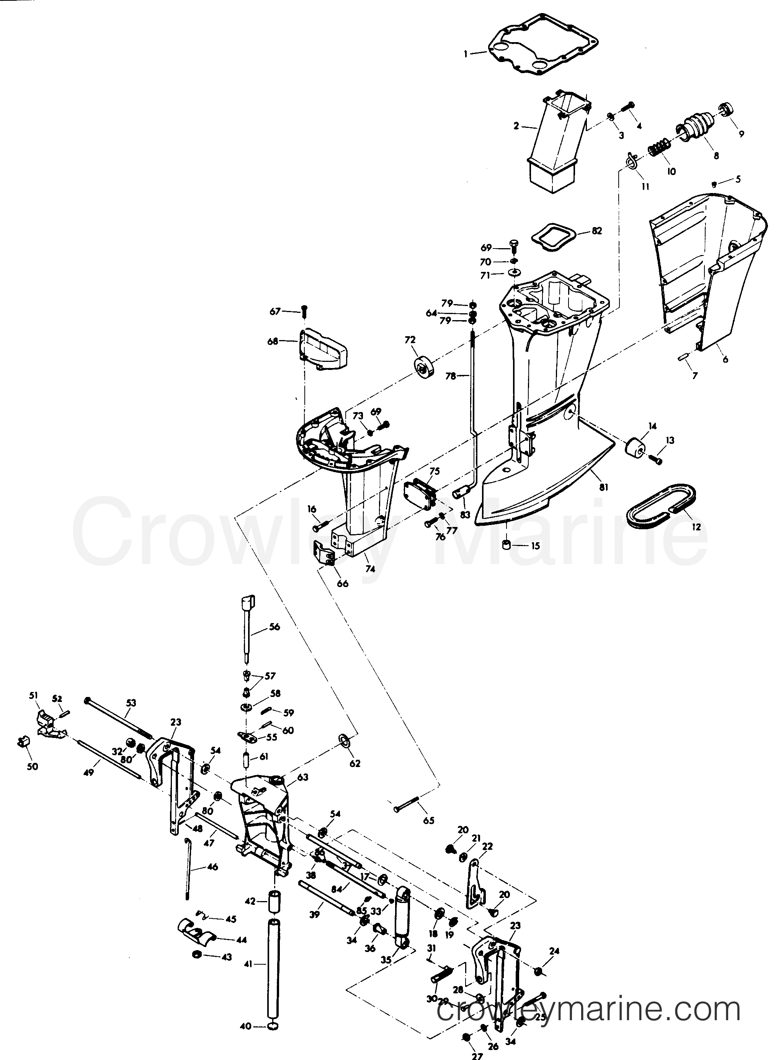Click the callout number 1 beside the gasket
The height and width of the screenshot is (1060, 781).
coord(465,54)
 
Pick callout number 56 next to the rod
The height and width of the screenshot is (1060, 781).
coord(274,627)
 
